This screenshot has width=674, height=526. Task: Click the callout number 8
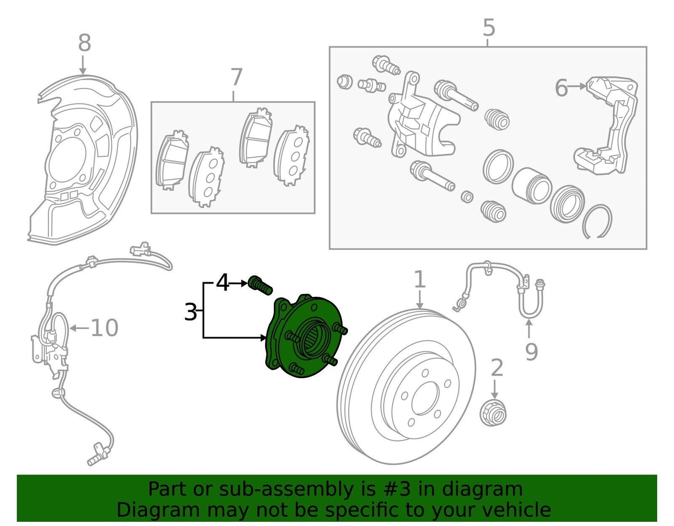tap(84, 43)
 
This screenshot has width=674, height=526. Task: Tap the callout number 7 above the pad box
tap(236, 77)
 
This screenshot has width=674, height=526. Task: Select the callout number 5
tap(488, 28)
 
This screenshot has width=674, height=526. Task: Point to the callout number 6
tap(561, 88)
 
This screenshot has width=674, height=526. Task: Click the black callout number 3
tap(190, 312)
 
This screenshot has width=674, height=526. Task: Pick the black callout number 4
tap(223, 283)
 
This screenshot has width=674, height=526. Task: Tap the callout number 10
tap(104, 328)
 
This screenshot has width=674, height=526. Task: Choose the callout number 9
tap(531, 351)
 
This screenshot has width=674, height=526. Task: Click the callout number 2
tap(497, 368)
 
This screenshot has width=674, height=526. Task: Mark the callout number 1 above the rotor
tap(420, 280)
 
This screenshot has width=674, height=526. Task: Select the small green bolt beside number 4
tap(261, 285)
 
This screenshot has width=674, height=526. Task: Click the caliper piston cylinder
tap(532, 185)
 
